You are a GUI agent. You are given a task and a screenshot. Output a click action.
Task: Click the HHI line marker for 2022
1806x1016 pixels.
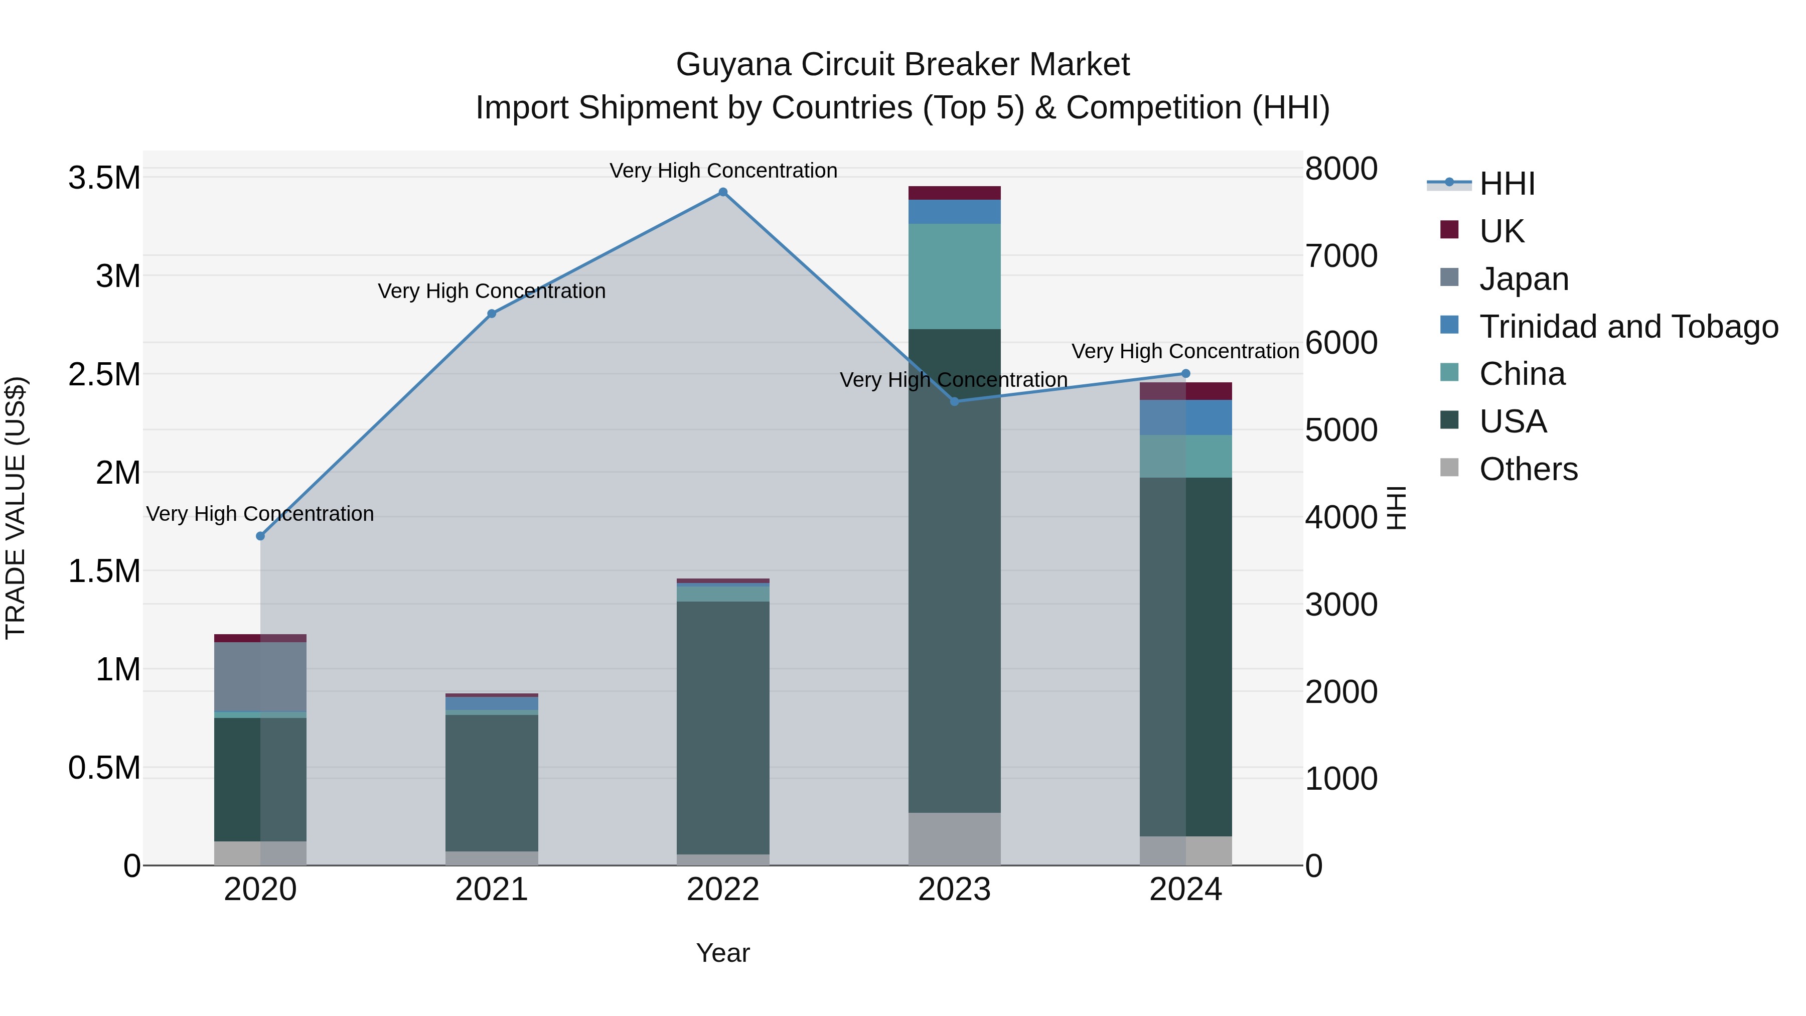point(723,192)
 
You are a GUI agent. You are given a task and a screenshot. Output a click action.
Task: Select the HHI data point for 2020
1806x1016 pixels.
point(260,536)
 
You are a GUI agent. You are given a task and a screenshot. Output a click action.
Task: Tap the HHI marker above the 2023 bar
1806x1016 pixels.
point(954,401)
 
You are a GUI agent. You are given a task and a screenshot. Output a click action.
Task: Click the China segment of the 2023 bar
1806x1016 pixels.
point(954,276)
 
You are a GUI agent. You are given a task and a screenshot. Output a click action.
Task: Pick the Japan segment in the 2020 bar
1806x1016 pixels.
point(260,677)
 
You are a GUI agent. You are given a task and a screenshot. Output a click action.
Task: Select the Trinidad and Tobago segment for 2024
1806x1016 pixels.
point(1185,417)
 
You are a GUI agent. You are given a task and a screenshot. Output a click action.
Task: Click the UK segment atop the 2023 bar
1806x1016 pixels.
point(954,193)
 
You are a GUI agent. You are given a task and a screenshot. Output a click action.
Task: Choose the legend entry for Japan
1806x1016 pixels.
point(1524,279)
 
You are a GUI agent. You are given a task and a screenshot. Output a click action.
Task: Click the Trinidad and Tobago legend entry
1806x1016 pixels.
point(1628,327)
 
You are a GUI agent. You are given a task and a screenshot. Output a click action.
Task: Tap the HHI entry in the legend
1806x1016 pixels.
point(1508,184)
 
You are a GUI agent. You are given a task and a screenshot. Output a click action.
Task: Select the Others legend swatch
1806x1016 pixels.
point(1448,468)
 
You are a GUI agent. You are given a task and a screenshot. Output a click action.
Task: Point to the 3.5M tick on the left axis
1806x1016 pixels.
point(104,178)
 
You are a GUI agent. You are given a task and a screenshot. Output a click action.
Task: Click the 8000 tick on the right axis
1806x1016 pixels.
point(1341,169)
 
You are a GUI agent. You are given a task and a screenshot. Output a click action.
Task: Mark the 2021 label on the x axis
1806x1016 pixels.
point(492,890)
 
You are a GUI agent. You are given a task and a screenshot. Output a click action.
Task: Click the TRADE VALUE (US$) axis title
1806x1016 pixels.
point(16,508)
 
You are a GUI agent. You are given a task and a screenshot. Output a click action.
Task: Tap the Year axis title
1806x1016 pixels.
point(723,953)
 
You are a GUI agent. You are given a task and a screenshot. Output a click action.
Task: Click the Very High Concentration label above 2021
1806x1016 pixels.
point(492,291)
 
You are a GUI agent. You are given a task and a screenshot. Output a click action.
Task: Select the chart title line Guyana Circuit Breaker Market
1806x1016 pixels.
point(902,65)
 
